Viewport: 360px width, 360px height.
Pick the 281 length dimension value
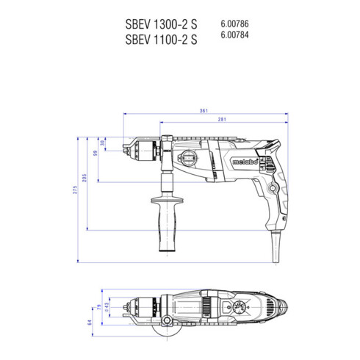tap(221, 120)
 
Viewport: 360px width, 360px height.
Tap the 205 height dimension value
tap(85, 178)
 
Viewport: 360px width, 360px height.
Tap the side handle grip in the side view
tap(163, 214)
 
